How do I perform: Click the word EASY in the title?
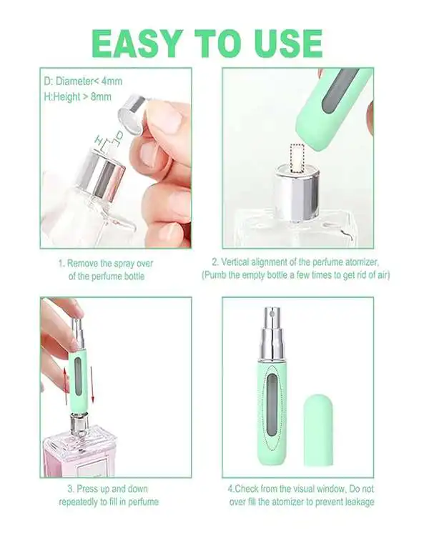pos(137,44)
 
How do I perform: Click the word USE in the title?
pos(284,44)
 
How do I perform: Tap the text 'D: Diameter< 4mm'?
pos(83,81)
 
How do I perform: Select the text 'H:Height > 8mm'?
pos(78,96)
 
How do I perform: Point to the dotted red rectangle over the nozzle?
pos(297,158)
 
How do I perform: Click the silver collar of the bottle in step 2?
pos(297,192)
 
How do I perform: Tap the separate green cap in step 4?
pos(318,430)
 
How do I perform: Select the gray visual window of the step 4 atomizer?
pos(272,405)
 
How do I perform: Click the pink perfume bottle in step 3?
pos(79,450)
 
